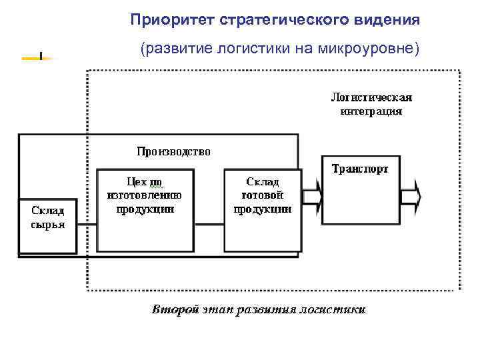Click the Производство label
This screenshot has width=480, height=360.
click(173, 151)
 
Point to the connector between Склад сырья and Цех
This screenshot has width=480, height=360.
click(87, 227)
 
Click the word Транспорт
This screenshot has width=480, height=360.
click(360, 169)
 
